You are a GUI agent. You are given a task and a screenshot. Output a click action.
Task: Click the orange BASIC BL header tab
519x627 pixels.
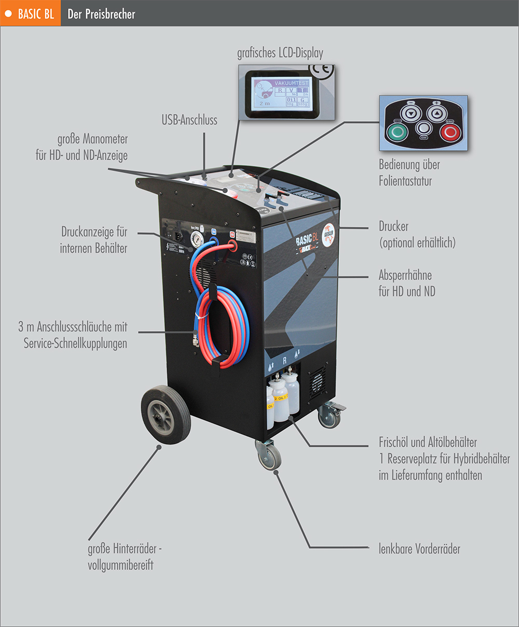pyautogui.click(x=30, y=13)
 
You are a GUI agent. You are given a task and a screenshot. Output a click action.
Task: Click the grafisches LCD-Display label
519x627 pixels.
pyautogui.click(x=280, y=53)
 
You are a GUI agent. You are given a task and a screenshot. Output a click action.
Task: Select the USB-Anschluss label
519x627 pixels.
pyautogui.click(x=189, y=120)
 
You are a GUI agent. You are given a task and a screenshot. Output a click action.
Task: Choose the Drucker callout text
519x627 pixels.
pyautogui.click(x=393, y=226)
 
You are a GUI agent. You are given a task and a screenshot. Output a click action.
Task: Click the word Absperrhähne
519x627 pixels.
pyautogui.click(x=405, y=275)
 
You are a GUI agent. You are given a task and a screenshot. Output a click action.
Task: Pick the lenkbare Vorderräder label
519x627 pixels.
pyautogui.click(x=419, y=549)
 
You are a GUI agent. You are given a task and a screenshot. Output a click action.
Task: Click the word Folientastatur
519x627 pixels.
pyautogui.click(x=405, y=181)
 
